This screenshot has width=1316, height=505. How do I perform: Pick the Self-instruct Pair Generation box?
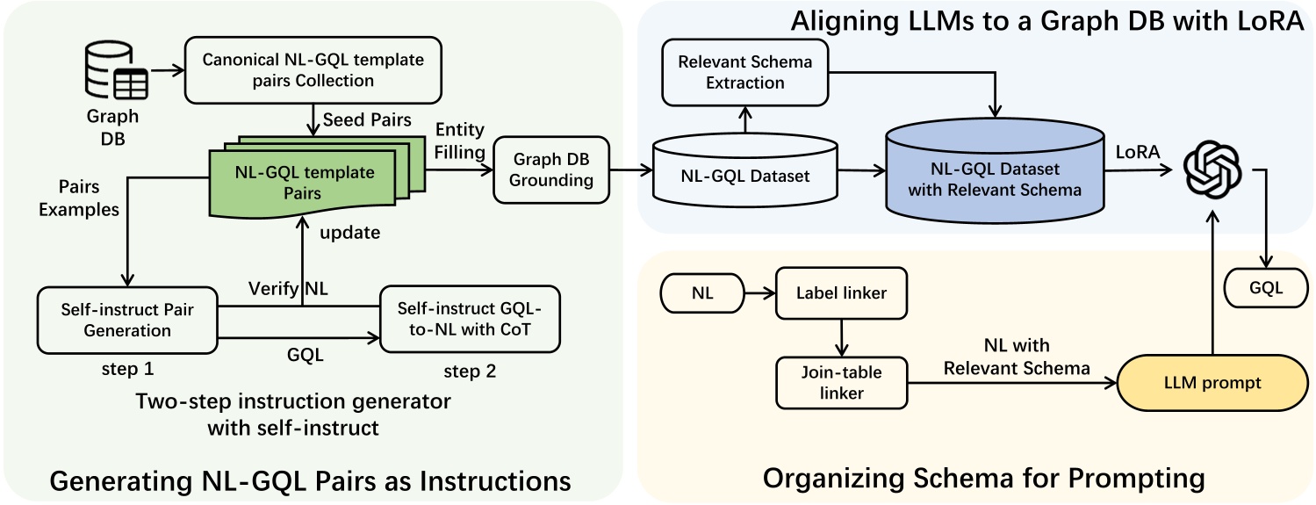point(127,321)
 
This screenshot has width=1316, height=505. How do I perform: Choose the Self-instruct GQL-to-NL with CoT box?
point(469,321)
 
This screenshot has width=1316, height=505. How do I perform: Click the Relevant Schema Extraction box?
point(745,73)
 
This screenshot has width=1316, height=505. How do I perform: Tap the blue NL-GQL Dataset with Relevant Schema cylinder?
point(994,176)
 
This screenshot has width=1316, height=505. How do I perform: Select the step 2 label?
point(470,371)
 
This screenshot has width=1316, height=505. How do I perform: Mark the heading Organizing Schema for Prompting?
point(982,479)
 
